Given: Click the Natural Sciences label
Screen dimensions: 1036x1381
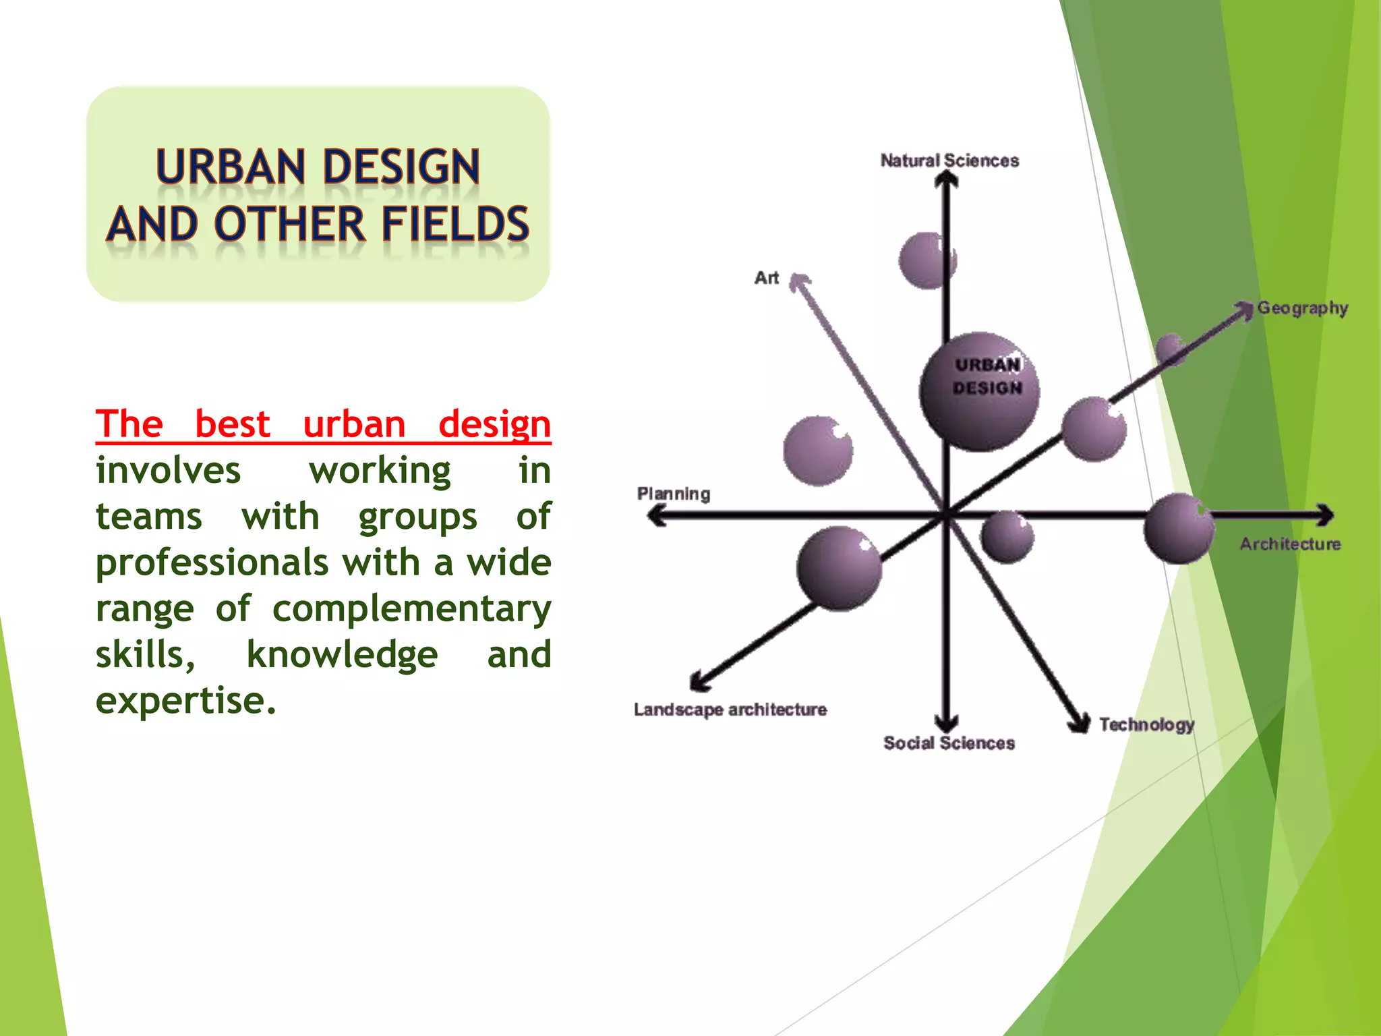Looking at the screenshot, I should click(949, 161).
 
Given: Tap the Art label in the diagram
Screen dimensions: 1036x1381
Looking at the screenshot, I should click(766, 278).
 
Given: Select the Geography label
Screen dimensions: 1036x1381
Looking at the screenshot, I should click(1302, 308).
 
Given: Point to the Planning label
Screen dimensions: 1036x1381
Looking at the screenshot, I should click(673, 494).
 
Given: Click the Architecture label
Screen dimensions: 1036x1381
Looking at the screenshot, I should click(1290, 544).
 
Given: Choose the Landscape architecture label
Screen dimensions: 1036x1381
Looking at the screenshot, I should click(730, 710).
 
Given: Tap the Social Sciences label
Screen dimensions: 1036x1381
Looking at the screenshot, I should click(949, 743).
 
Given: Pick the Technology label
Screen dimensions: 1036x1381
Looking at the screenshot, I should click(1146, 724).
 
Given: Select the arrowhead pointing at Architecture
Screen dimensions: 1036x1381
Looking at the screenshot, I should click(1325, 515).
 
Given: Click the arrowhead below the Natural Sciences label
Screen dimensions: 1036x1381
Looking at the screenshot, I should click(947, 179).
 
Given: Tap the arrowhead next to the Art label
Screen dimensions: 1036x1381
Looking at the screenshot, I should click(799, 282).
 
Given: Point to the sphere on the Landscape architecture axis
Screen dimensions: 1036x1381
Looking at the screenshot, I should click(839, 568).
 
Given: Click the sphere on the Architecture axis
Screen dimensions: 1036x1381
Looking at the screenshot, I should click(1179, 528).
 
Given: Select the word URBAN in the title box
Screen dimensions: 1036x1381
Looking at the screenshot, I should click(231, 167).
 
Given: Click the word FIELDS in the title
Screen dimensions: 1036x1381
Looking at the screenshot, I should click(455, 224).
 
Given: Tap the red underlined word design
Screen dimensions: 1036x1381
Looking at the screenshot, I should click(494, 425).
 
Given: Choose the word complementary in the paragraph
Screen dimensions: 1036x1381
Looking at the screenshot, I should click(411, 609).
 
